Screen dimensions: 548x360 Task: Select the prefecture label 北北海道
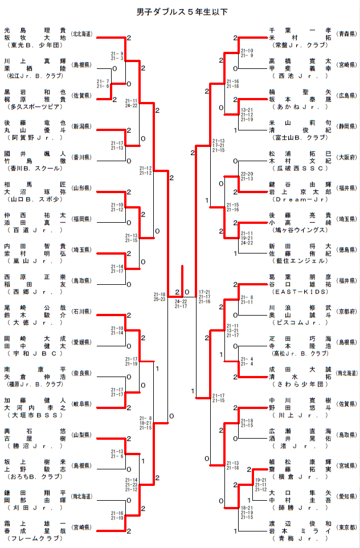click(83, 34)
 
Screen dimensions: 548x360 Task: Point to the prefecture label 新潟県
click(83, 126)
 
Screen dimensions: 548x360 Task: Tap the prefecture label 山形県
click(83, 188)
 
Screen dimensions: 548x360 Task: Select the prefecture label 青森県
click(346, 34)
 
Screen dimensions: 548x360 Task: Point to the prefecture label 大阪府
click(346, 157)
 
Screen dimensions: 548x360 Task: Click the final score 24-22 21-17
click(181, 304)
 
